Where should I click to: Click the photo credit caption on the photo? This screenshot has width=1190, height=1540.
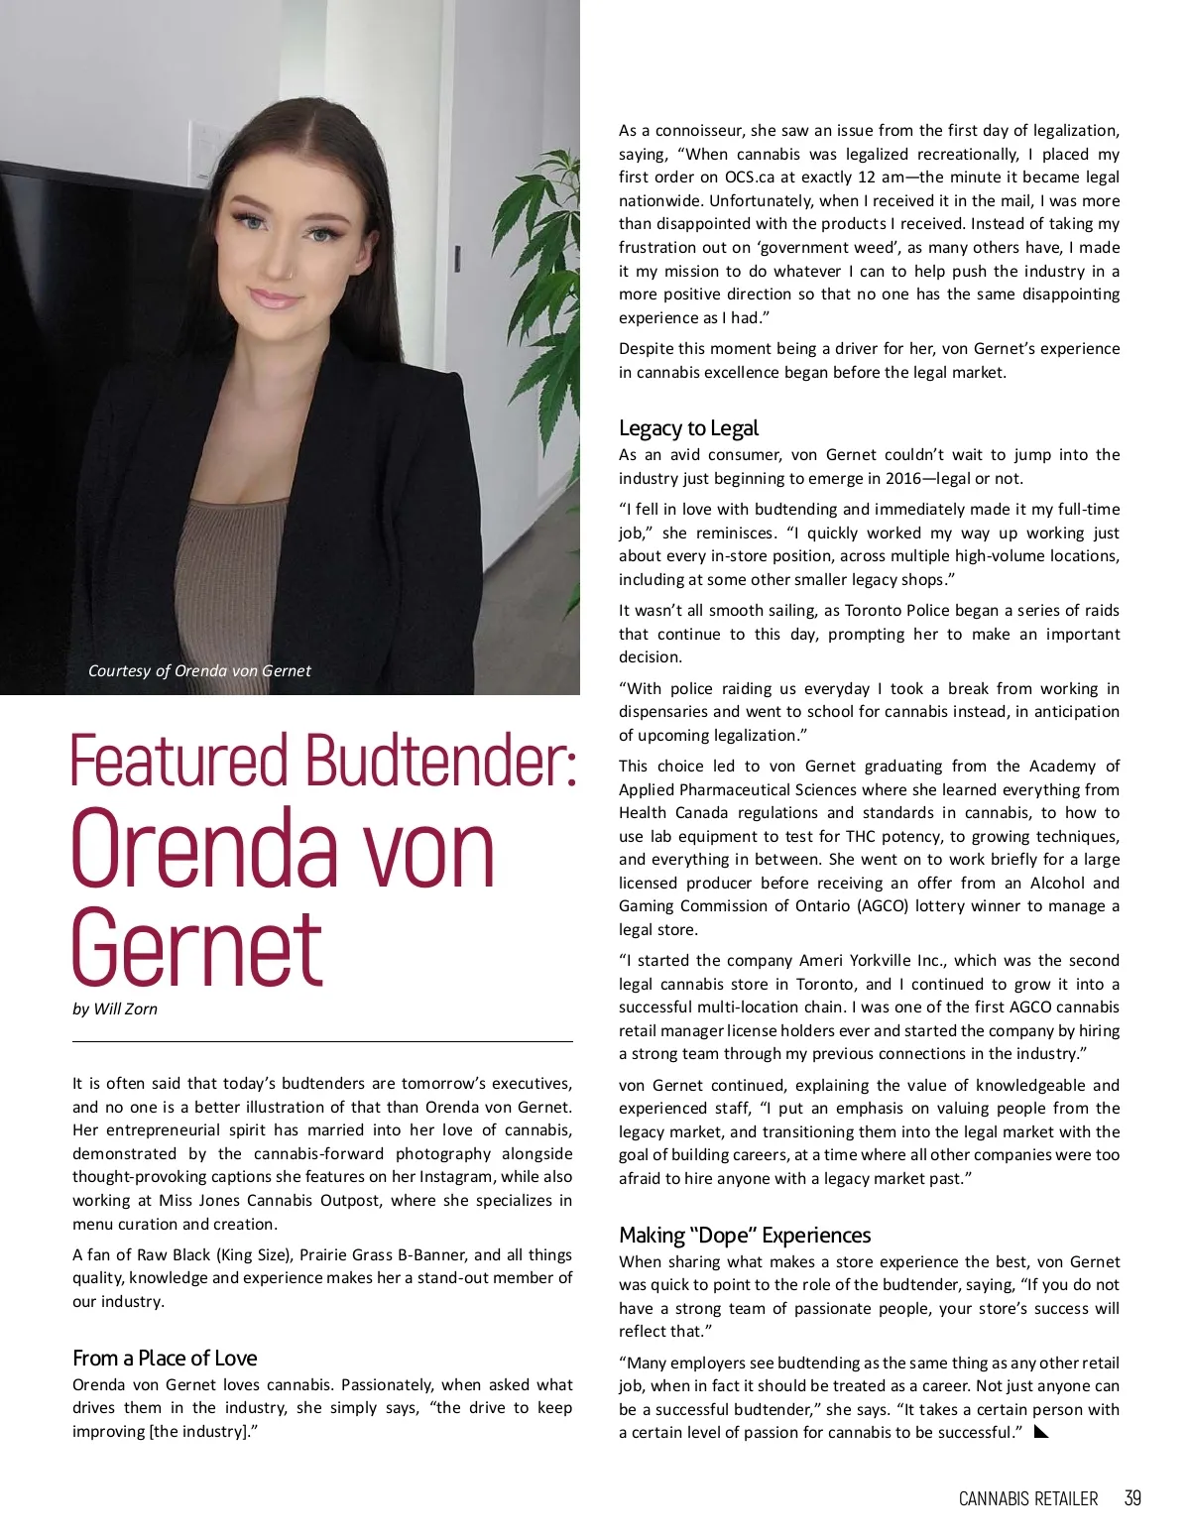tap(199, 670)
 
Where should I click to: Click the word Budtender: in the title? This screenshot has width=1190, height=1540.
tap(441, 763)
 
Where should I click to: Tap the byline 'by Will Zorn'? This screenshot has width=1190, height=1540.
tap(115, 1009)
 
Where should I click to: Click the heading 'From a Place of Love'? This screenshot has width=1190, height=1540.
tap(165, 1358)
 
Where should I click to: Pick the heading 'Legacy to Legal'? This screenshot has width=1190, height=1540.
tap(688, 428)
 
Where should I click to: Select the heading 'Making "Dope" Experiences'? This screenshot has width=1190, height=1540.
tap(745, 1235)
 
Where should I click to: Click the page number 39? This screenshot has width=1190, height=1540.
tap(1132, 1498)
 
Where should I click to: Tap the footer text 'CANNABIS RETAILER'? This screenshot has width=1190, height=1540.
tap(1028, 1498)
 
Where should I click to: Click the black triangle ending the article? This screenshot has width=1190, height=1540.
tap(1041, 1431)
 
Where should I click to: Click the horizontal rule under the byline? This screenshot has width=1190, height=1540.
tap(322, 1041)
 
